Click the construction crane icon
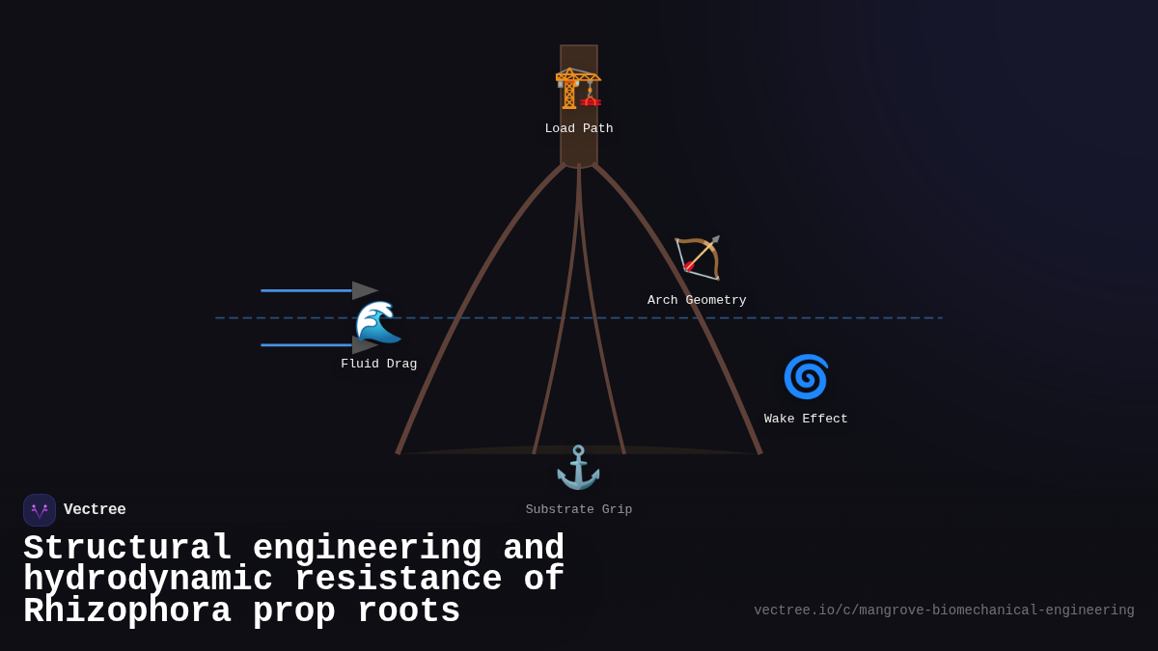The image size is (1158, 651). (x=578, y=88)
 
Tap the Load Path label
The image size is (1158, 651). (x=579, y=129)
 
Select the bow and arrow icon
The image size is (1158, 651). (x=698, y=258)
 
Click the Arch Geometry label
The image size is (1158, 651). (x=697, y=301)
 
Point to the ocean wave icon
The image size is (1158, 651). (x=378, y=322)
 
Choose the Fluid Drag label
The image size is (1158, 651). (x=379, y=365)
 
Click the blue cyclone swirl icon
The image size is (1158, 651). (x=806, y=376)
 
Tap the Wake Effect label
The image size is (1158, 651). (x=806, y=420)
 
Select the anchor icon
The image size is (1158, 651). (x=578, y=468)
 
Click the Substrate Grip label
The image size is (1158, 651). (x=579, y=510)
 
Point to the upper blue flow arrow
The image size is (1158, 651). (x=318, y=290)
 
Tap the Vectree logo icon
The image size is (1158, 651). (x=40, y=510)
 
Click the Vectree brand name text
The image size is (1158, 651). (x=95, y=510)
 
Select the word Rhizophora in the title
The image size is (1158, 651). (x=126, y=611)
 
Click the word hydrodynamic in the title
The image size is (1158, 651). (x=148, y=580)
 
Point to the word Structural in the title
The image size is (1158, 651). (x=127, y=549)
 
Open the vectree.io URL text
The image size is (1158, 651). (x=944, y=610)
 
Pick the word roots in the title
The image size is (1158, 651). (x=408, y=611)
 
